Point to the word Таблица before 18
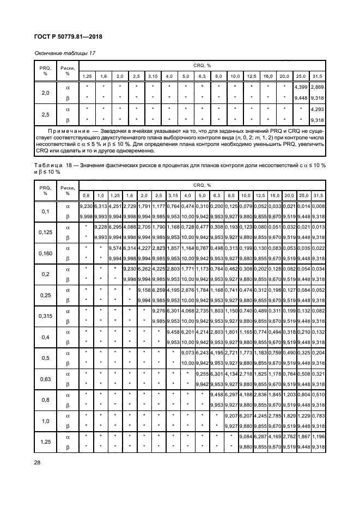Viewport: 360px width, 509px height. (50, 165)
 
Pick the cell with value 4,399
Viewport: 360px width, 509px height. (301, 87)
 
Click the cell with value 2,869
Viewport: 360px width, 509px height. (317, 87)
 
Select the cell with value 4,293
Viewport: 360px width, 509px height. (317, 109)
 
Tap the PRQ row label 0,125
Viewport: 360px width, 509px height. (46, 232)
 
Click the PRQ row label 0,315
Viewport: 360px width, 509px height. (46, 315)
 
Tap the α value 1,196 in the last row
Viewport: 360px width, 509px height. (317, 437)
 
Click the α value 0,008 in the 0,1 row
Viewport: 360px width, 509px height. (317, 206)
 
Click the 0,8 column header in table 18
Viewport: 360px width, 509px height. (86, 195)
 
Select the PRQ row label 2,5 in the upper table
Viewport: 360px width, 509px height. (46, 115)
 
